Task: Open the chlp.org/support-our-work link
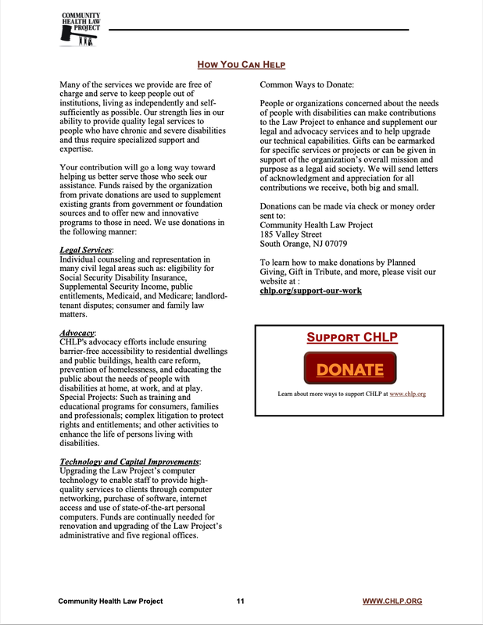[310, 291]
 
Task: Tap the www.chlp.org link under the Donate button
[407, 394]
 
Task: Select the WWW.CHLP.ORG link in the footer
[392, 601]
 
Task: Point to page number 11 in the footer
[241, 601]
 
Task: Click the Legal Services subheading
[87, 250]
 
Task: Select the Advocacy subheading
[77, 334]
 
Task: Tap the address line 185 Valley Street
[290, 234]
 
